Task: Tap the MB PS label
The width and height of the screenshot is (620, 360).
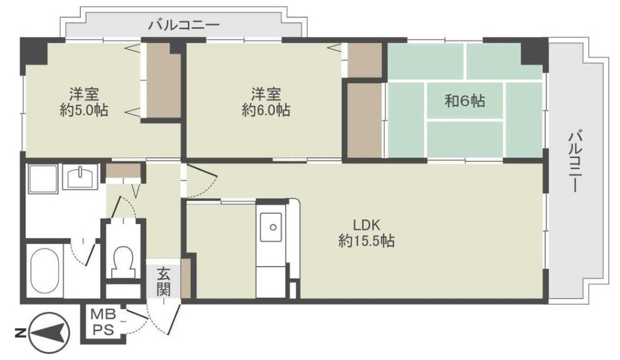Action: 104,323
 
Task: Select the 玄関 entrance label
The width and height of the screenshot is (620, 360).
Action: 163,281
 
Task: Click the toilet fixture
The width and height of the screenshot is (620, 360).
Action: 123,261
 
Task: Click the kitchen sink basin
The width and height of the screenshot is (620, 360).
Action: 271,227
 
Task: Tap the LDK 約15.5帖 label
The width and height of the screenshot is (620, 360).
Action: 366,233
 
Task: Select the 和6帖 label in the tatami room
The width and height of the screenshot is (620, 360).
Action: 465,101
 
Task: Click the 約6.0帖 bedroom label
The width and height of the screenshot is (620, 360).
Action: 266,109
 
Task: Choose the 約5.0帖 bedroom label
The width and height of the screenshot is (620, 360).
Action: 84,109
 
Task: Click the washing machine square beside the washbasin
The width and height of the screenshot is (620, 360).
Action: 42,178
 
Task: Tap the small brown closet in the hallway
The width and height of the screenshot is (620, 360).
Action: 123,171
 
